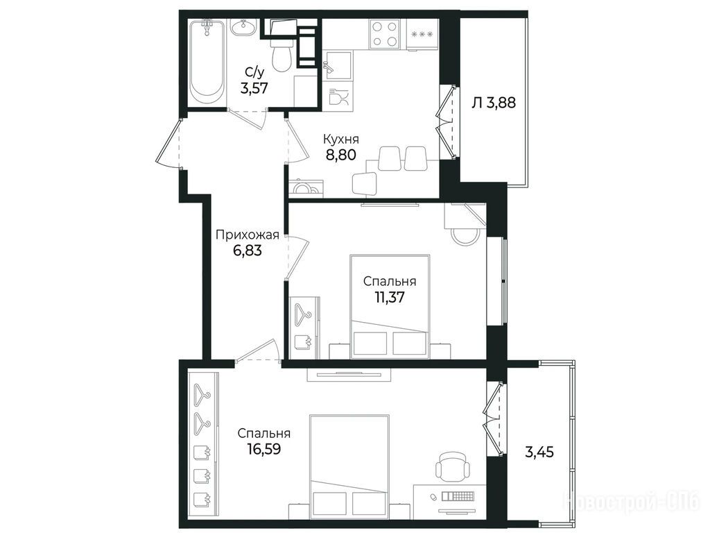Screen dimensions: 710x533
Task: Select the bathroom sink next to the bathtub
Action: (245, 27)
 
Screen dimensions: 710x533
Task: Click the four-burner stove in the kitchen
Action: (385, 33)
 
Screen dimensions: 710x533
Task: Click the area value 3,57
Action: (254, 88)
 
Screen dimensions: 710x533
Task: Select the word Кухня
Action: (340, 139)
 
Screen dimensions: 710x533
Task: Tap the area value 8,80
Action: (340, 155)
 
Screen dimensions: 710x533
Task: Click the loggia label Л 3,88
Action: (494, 103)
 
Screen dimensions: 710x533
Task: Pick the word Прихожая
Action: (247, 235)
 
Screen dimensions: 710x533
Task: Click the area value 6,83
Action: (248, 250)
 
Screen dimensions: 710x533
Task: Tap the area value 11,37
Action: (390, 297)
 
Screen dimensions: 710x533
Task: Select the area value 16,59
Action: (264, 449)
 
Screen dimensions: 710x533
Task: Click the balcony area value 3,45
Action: (539, 452)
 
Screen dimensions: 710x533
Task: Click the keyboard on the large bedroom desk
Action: (458, 497)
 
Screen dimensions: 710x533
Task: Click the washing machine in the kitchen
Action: (306, 188)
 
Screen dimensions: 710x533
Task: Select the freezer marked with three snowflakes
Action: (422, 34)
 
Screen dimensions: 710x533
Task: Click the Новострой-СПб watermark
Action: (631, 502)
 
